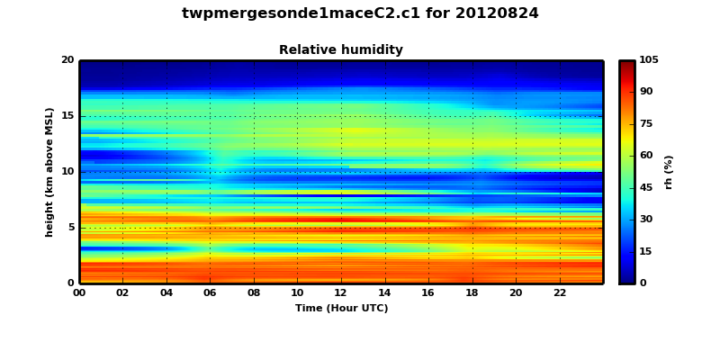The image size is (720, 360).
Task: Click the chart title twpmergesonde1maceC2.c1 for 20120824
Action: (360, 13)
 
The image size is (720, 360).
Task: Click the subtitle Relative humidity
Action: (341, 50)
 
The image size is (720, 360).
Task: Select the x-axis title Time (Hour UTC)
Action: (341, 309)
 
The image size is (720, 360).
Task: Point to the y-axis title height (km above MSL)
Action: (50, 172)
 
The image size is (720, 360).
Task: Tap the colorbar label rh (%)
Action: (669, 172)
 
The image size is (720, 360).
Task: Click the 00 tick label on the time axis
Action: (79, 293)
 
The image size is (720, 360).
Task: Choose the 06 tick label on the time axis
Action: (211, 293)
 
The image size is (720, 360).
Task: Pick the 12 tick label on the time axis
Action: (341, 293)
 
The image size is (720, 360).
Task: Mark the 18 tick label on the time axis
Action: (472, 293)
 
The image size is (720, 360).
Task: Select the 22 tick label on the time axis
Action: (560, 293)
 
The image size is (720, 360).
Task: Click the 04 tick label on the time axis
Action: (166, 293)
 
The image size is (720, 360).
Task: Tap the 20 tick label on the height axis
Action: (67, 60)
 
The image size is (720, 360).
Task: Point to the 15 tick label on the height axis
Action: (67, 116)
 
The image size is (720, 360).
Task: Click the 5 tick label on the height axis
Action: (70, 228)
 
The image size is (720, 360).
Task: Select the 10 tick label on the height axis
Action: (67, 172)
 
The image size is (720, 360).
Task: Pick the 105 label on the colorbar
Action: (649, 60)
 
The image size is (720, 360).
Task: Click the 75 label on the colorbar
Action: (646, 124)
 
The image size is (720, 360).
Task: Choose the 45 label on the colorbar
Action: (646, 188)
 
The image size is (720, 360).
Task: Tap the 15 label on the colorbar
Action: (646, 252)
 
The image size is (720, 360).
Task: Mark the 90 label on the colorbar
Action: (646, 92)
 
